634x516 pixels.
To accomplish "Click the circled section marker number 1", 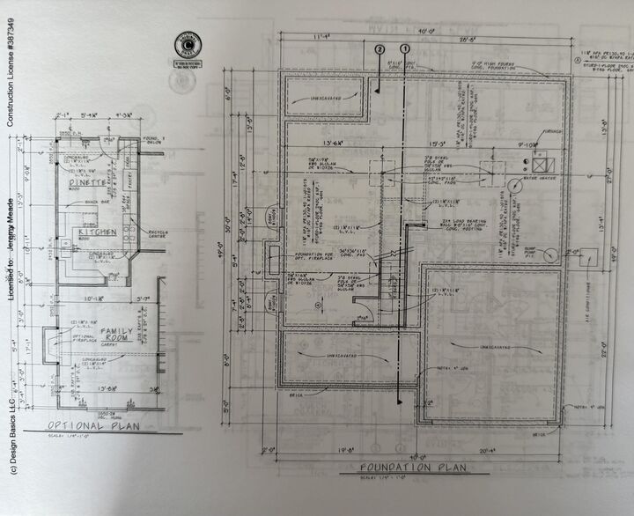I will [405, 49].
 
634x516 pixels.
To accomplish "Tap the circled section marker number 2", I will [380, 49].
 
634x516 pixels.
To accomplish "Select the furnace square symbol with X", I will [539, 163].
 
